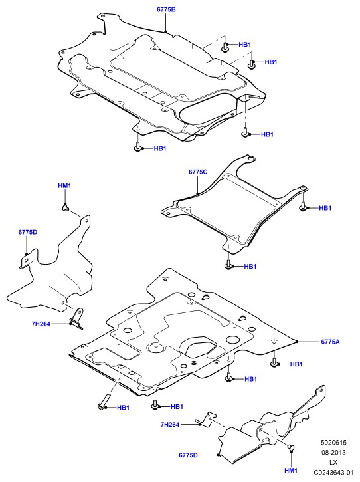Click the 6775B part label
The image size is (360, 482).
tap(166, 9)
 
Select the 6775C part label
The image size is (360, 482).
tap(198, 172)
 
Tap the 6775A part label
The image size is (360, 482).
tap(330, 342)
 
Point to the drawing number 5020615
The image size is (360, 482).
tap(333, 443)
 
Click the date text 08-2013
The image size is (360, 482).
tap(333, 453)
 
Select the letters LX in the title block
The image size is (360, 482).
tap(333, 462)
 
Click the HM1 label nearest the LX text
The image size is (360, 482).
tap(291, 471)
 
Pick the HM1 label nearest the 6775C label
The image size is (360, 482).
tap(64, 185)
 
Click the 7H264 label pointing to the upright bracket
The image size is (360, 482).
tap(41, 324)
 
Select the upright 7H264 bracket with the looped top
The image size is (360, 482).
tap(76, 318)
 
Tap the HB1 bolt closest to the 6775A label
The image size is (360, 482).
tap(274, 363)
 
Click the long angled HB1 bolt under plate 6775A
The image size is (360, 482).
tap(104, 401)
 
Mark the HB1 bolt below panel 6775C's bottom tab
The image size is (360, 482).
tap(228, 265)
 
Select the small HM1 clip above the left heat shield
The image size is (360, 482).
tap(65, 209)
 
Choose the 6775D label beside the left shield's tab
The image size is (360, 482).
tap(28, 232)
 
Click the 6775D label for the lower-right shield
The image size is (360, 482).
tap(188, 455)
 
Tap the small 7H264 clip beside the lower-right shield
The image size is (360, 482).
tap(207, 419)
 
